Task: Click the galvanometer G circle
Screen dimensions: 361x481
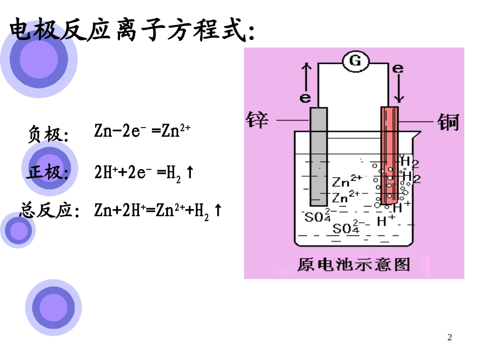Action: tap(355, 61)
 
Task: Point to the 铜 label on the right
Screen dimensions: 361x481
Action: tap(448, 122)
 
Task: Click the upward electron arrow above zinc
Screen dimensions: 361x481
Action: tap(305, 76)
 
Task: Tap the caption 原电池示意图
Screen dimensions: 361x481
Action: tap(353, 264)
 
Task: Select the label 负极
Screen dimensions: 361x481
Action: tap(48, 135)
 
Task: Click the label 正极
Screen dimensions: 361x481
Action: tap(48, 173)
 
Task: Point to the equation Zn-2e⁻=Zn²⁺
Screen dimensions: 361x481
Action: tap(142, 131)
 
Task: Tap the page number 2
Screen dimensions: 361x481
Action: tap(450, 337)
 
